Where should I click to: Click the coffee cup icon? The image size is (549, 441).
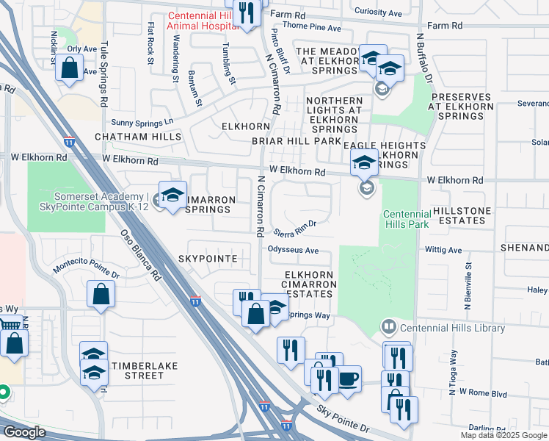pos(348,378)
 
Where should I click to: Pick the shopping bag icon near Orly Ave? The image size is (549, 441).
pos(69,69)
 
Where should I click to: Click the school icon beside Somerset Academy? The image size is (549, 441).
pos(172,196)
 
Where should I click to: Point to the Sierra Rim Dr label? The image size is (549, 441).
pos(294,229)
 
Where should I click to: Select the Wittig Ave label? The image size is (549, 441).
pos(443,250)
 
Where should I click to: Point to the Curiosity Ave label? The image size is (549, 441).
pos(378,12)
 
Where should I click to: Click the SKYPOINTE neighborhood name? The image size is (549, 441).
pos(208,259)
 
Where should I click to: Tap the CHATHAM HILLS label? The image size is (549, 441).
pos(127,137)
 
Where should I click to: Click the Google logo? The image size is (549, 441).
pos(23,432)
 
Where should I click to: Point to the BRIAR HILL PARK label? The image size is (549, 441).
pos(297,140)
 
